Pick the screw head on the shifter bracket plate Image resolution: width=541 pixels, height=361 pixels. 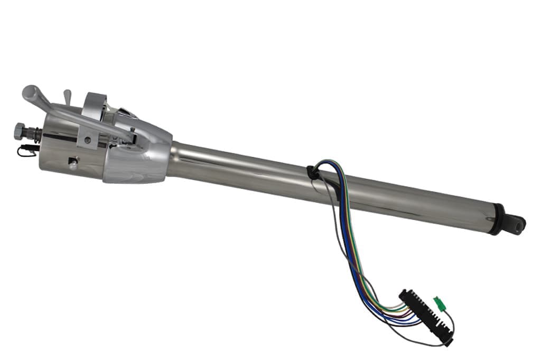coord(87,140)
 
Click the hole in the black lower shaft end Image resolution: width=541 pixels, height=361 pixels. coord(515,224)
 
